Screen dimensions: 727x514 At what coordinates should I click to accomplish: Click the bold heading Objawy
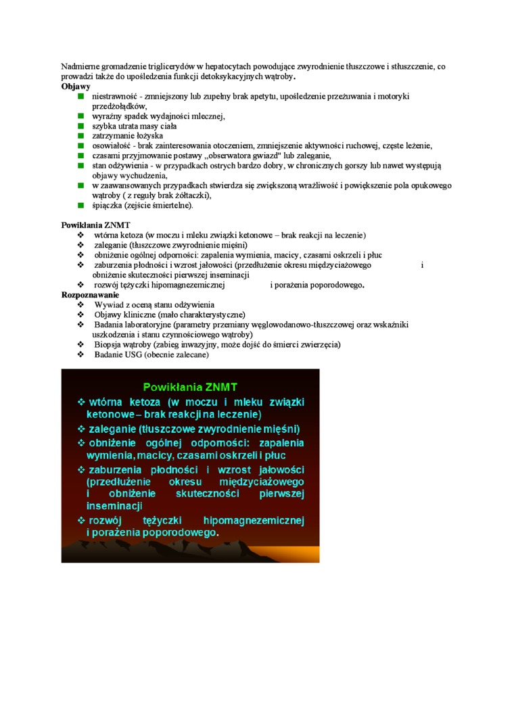(76, 87)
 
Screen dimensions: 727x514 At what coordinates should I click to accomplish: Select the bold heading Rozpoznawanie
(90, 295)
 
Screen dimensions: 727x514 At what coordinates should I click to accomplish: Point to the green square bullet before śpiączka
(80, 205)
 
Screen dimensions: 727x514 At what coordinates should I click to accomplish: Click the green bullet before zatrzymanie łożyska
(80, 136)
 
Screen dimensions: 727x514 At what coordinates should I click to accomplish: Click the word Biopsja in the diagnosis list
(108, 344)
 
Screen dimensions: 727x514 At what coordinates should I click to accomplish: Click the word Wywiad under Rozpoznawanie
(108, 305)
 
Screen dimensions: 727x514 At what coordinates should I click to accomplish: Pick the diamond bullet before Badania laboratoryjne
(80, 325)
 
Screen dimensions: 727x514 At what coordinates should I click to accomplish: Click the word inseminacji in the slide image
(114, 506)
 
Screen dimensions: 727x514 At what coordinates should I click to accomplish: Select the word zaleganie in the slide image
(112, 429)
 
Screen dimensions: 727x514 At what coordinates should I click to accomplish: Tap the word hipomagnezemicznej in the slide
(254, 521)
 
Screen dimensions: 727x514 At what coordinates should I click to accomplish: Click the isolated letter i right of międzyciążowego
(422, 265)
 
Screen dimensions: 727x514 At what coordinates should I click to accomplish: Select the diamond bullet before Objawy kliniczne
(80, 315)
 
